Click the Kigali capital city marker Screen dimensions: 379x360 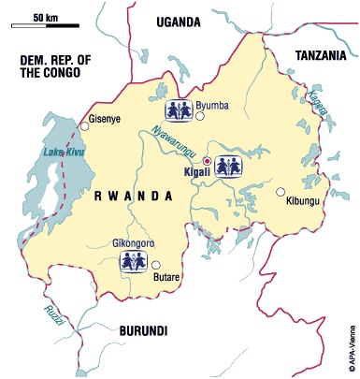coord(208,161)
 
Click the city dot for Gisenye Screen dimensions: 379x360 coord(85,124)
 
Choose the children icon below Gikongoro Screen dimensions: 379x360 coord(134,260)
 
